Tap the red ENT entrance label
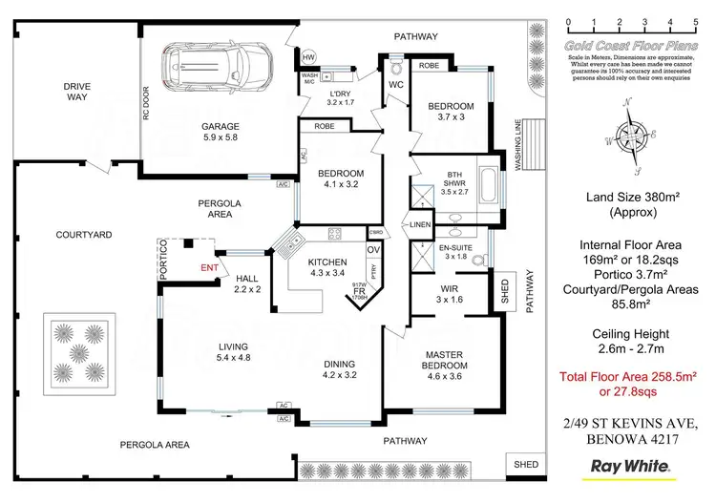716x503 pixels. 208,268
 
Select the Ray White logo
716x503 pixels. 631,468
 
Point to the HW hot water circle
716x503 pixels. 308,57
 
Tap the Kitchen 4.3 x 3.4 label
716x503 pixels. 327,267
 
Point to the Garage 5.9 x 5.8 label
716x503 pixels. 219,132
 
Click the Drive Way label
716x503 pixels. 77,92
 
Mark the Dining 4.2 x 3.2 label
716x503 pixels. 340,369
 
